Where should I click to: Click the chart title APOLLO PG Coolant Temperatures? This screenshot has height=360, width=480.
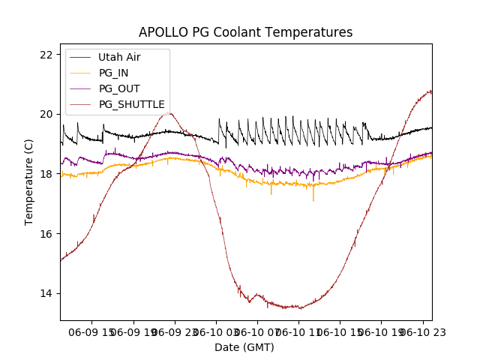(x=245, y=32)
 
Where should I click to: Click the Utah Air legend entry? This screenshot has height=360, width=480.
(x=119, y=57)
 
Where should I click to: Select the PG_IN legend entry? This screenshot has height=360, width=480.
(x=114, y=73)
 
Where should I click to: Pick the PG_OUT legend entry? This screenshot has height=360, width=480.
(x=119, y=88)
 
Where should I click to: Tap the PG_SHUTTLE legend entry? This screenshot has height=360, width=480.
(x=132, y=104)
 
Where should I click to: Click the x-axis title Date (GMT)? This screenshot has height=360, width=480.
(x=244, y=347)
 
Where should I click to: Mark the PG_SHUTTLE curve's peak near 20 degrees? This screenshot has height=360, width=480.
(x=169, y=113)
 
